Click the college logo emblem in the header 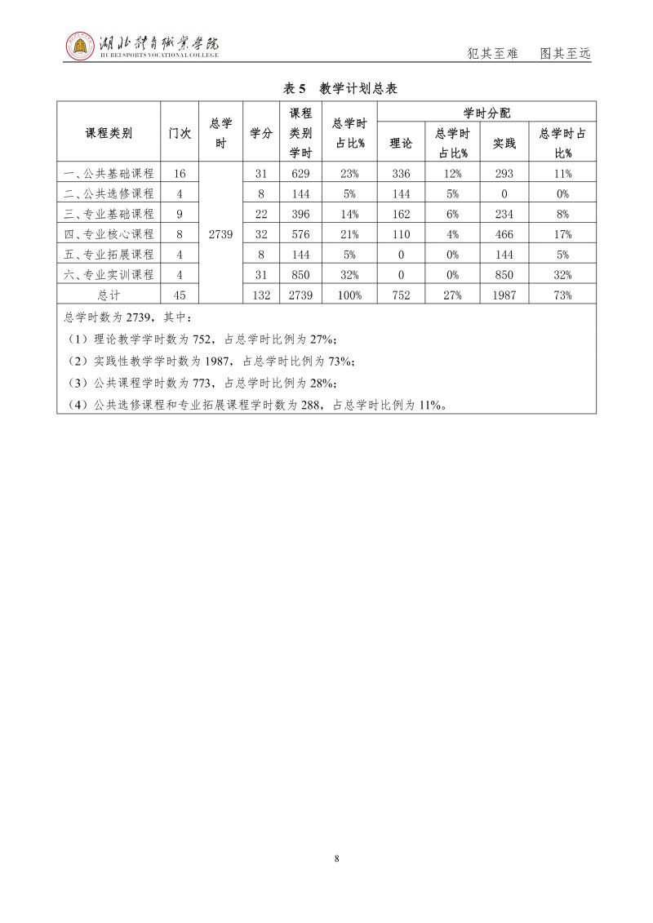point(79,47)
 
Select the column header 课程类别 point(109,133)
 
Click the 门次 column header point(180,133)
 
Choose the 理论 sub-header point(401,143)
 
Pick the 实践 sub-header point(504,143)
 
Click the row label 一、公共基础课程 point(109,173)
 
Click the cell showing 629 point(301,173)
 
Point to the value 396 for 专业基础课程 point(301,214)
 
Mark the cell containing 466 point(504,234)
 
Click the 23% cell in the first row point(350,173)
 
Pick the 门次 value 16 point(180,173)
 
